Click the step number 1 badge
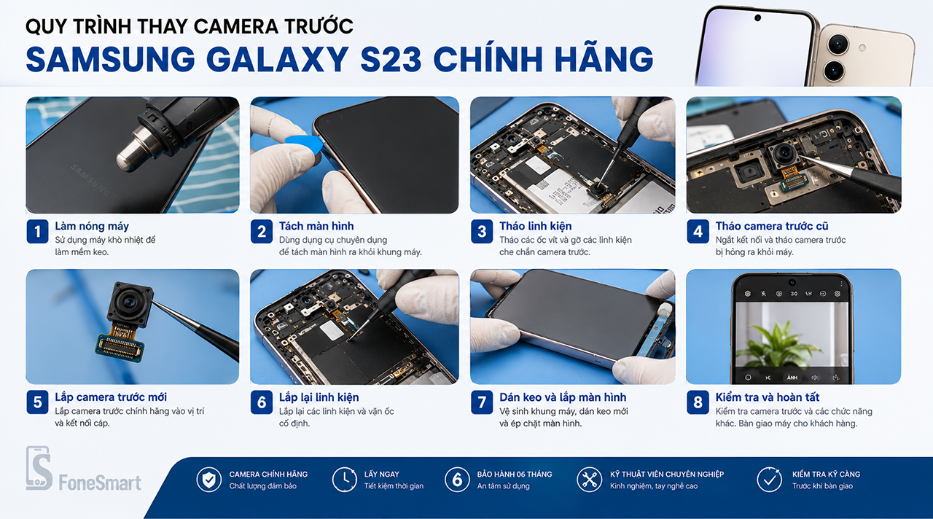(37, 231)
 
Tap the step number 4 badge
(698, 231)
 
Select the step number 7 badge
(482, 402)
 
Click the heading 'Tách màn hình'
(316, 226)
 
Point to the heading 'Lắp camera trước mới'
(111, 397)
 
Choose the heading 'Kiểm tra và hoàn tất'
(768, 397)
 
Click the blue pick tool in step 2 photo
(305, 147)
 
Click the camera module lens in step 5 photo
(130, 302)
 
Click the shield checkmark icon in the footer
(208, 480)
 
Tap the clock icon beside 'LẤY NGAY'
(345, 480)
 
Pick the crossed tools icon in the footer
(590, 480)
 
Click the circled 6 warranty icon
(457, 480)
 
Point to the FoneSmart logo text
(100, 483)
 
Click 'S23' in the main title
(391, 59)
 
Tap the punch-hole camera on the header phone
(757, 18)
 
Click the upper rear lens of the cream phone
(838, 44)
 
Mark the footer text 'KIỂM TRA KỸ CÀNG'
(826, 474)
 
